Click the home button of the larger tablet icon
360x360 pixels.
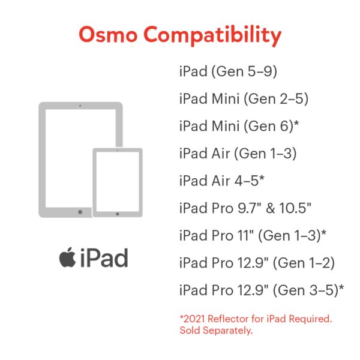pyautogui.click(x=80, y=212)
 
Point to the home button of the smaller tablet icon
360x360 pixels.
pyautogui.click(x=118, y=213)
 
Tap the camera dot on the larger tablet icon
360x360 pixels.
pyautogui.click(x=80, y=106)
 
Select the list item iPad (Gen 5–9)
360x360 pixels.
pyautogui.click(x=228, y=72)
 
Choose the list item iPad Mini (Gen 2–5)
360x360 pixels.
pyautogui.click(x=238, y=99)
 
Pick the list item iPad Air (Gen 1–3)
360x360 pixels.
pyautogui.click(x=238, y=154)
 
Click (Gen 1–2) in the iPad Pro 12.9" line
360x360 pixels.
pyautogui.click(x=303, y=263)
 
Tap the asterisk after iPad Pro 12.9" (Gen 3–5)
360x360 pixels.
pyautogui.click(x=341, y=289)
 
